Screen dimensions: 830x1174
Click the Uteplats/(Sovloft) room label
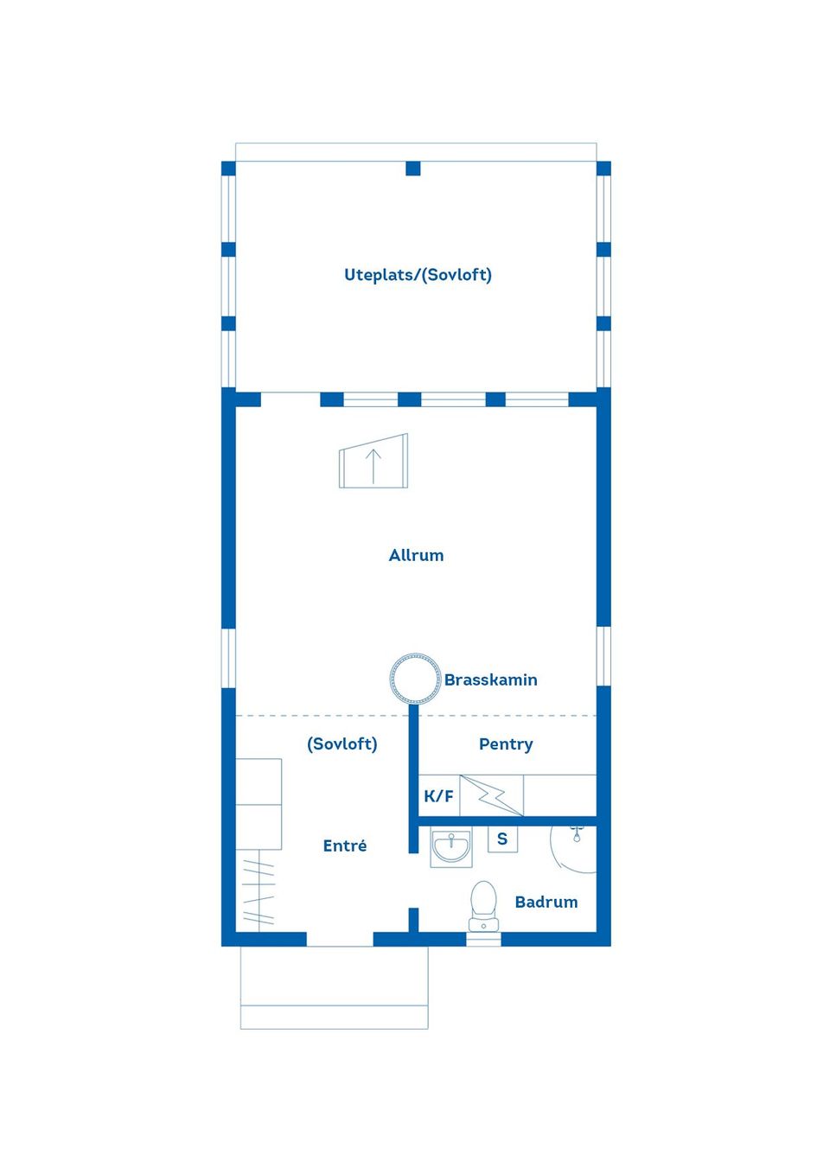click(418, 275)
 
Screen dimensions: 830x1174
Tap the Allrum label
click(416, 555)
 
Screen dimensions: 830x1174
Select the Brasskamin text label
click(490, 680)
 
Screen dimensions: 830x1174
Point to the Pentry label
click(506, 744)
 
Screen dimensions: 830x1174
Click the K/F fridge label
click(438, 796)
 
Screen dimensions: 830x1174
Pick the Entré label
click(345, 845)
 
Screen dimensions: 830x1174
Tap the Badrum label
click(546, 902)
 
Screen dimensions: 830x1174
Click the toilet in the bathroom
click(483, 906)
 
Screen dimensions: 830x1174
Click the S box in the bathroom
click(502, 839)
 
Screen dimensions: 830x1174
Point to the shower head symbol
click(577, 833)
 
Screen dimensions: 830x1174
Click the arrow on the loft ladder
click(373, 466)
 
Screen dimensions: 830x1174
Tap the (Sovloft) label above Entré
click(342, 744)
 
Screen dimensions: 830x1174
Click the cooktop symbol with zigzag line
click(491, 795)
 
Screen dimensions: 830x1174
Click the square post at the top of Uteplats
click(413, 169)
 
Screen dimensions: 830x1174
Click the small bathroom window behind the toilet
click(483, 939)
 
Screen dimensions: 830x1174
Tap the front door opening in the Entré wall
click(340, 939)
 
